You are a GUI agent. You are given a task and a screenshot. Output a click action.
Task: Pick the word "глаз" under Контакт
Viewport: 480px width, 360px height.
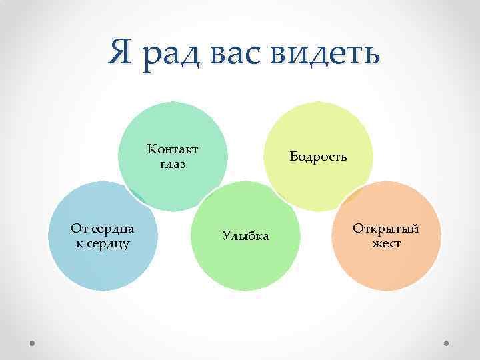click(173, 163)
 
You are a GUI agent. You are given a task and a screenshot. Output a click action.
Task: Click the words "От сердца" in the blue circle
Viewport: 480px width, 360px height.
click(103, 229)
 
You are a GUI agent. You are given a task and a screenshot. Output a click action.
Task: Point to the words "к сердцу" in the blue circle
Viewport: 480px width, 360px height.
click(103, 243)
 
